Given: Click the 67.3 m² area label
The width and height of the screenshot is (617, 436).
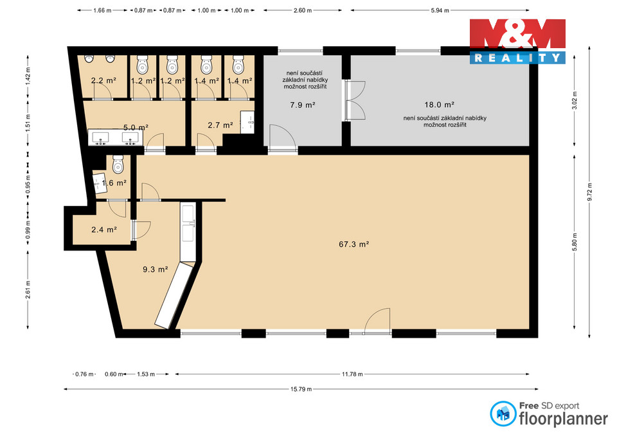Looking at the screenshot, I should [x=353, y=244].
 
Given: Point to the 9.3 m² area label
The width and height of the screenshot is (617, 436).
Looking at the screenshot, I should [x=155, y=270].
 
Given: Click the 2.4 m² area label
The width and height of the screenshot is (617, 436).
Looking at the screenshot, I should [x=103, y=229].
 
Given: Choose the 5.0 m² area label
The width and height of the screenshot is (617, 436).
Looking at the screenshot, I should [x=136, y=127].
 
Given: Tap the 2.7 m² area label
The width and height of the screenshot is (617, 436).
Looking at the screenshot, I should [x=219, y=125].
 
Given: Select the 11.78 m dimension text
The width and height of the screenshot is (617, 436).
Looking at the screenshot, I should [x=352, y=374].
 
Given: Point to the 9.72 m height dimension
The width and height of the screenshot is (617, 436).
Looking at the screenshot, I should [x=590, y=191].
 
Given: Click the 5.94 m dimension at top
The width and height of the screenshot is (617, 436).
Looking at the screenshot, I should [x=438, y=11].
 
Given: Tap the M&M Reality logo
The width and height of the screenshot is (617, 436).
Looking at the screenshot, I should [x=517, y=41].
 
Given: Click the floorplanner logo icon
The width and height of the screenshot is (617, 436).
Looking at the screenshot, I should [x=503, y=414].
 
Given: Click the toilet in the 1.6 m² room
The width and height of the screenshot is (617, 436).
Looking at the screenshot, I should [x=118, y=166].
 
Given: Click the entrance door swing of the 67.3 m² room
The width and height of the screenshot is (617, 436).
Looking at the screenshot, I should [x=378, y=320].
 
